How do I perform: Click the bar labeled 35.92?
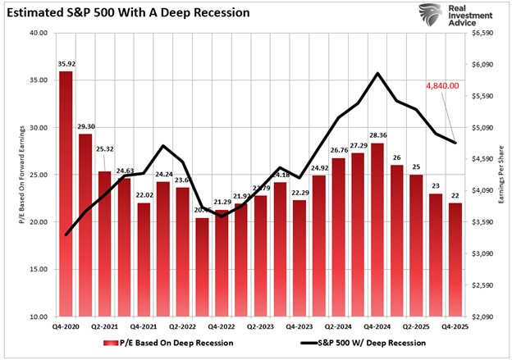tap(66, 193)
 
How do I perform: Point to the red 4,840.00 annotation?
tap(441, 85)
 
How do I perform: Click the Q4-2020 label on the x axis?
tap(66, 326)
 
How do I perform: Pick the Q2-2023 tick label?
tap(260, 326)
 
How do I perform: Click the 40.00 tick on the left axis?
tap(39, 34)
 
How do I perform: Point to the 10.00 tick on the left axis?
tap(39, 317)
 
